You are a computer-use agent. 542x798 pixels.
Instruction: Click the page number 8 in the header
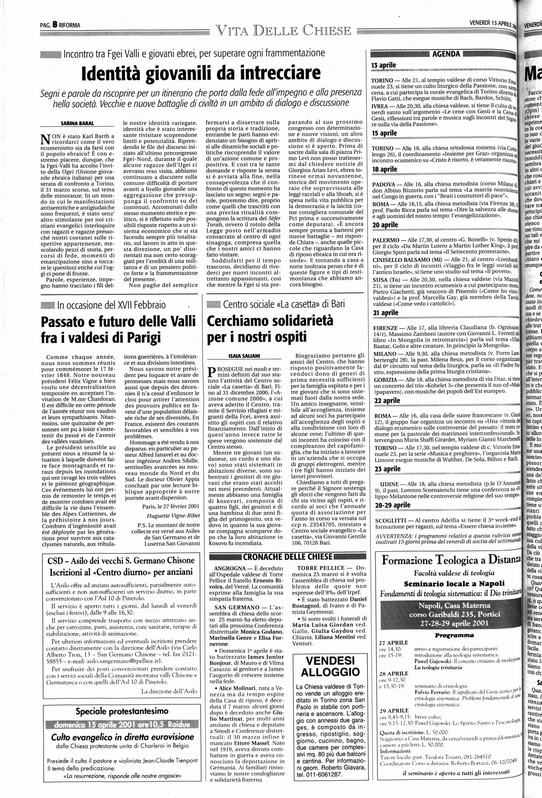pyautogui.click(x=55, y=25)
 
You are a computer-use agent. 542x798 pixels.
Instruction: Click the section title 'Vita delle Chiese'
pyautogui.click(x=283, y=31)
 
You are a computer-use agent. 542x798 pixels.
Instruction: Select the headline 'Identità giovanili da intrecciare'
pyautogui.click(x=201, y=73)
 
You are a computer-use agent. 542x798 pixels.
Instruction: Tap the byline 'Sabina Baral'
pyautogui.click(x=77, y=123)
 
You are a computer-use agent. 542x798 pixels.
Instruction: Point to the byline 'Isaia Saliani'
pyautogui.click(x=242, y=356)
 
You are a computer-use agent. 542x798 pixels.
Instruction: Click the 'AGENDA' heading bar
pyautogui.click(x=446, y=54)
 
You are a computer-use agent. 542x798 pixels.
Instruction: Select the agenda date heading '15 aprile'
pyautogui.click(x=384, y=133)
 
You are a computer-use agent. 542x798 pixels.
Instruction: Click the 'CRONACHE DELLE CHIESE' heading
pyautogui.click(x=288, y=557)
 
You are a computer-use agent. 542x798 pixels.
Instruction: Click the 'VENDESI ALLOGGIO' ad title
pyautogui.click(x=328, y=666)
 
